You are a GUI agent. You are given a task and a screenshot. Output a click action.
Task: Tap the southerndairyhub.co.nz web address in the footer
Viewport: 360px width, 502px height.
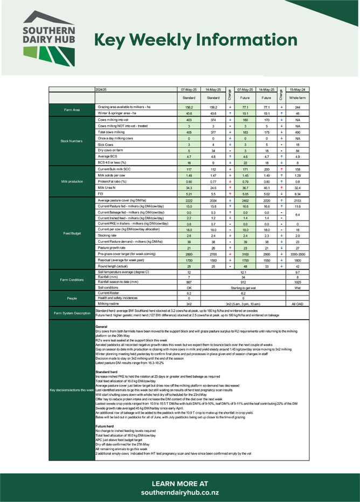(179, 493)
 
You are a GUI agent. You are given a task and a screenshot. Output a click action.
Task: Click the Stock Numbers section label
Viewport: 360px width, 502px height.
(72, 141)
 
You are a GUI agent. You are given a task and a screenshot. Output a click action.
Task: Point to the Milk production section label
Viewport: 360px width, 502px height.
(72, 181)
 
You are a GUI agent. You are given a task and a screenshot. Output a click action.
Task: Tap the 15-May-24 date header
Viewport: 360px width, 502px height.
(297, 89)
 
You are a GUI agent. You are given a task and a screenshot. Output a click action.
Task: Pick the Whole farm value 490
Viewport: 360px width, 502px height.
(297, 132)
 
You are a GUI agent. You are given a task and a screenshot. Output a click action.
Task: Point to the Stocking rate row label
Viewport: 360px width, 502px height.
(106, 236)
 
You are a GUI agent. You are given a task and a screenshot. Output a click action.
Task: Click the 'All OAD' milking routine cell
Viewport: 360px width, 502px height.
(297, 304)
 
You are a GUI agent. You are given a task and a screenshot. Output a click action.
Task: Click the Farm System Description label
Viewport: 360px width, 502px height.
(72, 313)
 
